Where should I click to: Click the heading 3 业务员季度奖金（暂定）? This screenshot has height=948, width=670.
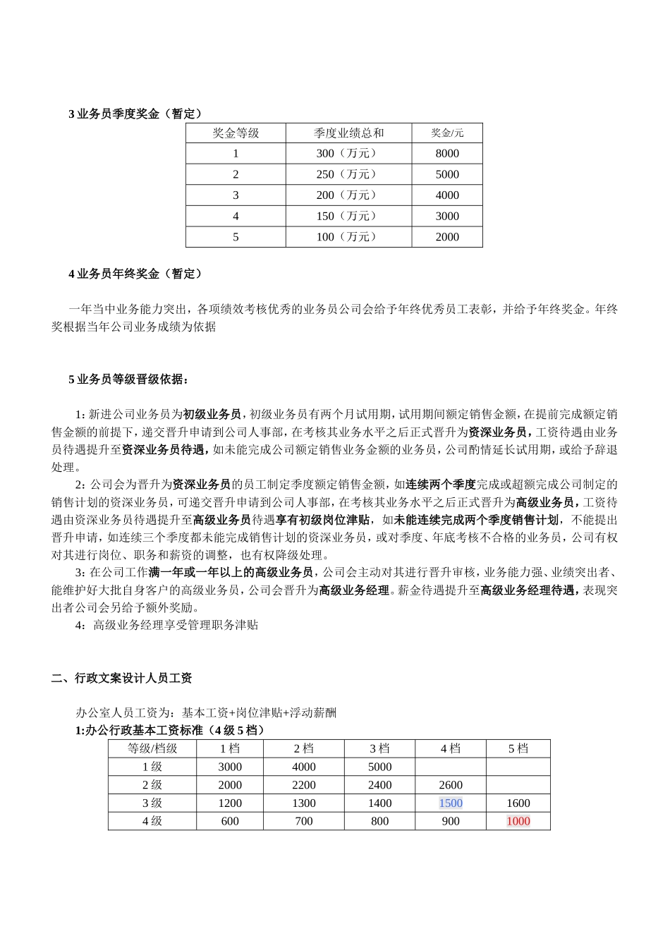135,114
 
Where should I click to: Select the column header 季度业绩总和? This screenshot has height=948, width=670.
348,133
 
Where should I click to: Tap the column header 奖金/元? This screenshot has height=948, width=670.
447,133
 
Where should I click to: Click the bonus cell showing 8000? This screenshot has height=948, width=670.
447,154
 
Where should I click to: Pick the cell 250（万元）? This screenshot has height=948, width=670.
348,174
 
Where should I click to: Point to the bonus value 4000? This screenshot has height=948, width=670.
447,195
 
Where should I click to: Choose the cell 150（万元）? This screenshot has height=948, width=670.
348,216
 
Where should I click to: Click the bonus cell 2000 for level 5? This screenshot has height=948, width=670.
447,237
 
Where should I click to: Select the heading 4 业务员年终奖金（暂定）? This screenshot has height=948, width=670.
135,274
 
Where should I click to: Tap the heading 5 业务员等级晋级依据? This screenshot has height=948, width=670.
128,379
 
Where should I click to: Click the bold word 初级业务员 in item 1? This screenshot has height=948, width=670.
212,414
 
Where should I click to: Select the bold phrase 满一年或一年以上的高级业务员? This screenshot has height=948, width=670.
231,572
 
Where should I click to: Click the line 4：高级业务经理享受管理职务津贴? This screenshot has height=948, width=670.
166,625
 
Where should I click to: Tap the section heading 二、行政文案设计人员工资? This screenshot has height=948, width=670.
122,679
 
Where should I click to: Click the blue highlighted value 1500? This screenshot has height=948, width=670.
451,803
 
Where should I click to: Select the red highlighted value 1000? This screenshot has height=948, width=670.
518,821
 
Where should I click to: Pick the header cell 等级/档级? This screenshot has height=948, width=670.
152,749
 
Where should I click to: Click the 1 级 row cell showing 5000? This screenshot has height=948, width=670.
379,767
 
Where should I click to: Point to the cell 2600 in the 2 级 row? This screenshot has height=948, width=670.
451,785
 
